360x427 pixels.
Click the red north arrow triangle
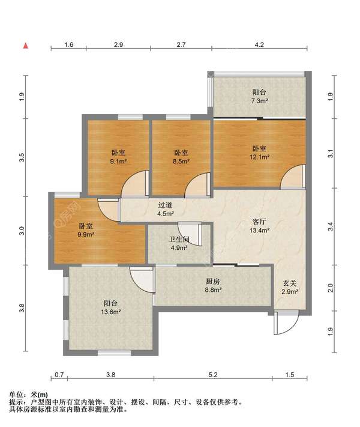26,46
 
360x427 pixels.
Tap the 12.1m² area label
260,157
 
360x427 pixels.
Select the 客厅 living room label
259,222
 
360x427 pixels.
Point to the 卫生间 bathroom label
179,240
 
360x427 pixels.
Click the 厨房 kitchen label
213,282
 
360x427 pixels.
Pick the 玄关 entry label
289,283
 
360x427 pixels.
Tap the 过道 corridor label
165,205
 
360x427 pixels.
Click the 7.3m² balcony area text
259,101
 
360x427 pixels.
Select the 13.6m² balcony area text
111,312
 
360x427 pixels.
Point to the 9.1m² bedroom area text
118,162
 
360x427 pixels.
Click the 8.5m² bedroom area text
181,162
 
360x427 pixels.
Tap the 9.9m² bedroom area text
86,234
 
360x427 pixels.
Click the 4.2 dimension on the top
259,44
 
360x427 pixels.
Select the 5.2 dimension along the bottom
213,375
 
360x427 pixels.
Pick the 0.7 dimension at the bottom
59,375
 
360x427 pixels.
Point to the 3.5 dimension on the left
22,157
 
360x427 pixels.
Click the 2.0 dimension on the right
330,288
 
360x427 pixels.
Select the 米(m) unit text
40,394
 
